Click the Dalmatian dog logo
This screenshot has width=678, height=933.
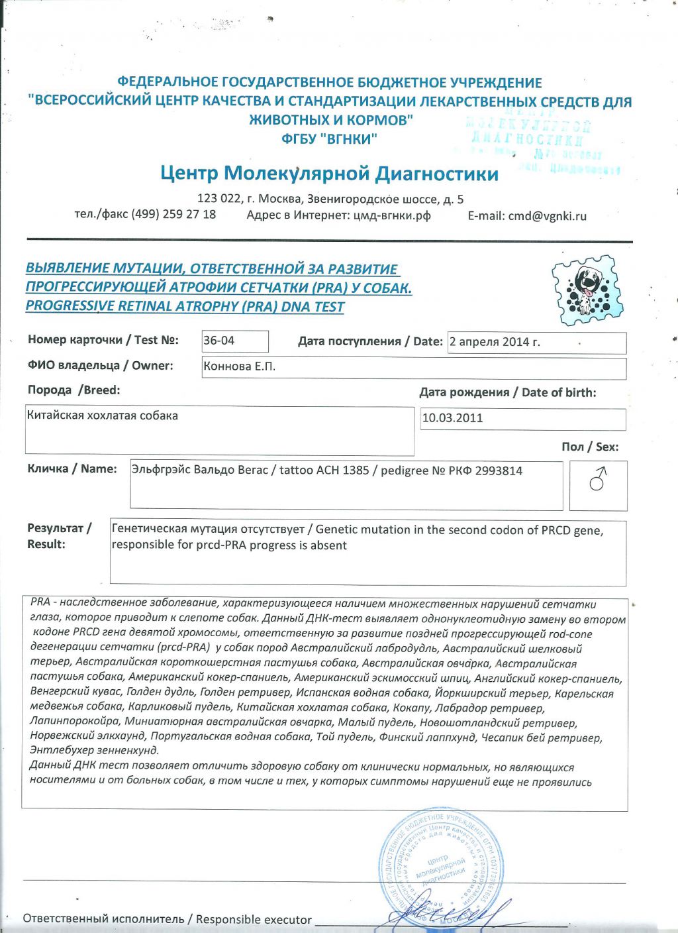pos(587,289)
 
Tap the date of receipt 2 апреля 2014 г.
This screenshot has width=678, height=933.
pos(495,342)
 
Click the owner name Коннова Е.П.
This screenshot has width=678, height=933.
pos(240,366)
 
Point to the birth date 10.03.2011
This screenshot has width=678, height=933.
pos(453,418)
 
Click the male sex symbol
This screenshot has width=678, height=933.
pos(597,478)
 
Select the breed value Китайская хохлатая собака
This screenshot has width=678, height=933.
pos(103,415)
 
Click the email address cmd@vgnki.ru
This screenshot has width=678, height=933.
pos(547,216)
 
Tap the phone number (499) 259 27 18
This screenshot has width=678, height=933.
pos(173,214)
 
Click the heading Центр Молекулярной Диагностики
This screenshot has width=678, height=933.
pos(329,174)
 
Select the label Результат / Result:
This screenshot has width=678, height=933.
pos(58,536)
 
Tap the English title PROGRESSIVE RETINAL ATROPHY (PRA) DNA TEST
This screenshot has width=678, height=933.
pos(185,307)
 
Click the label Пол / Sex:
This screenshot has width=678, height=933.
pos(589,447)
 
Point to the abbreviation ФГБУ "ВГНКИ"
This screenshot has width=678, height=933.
pos(329,139)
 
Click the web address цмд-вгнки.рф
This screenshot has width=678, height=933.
pos(392,215)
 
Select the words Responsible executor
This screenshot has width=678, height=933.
pos(254,919)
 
